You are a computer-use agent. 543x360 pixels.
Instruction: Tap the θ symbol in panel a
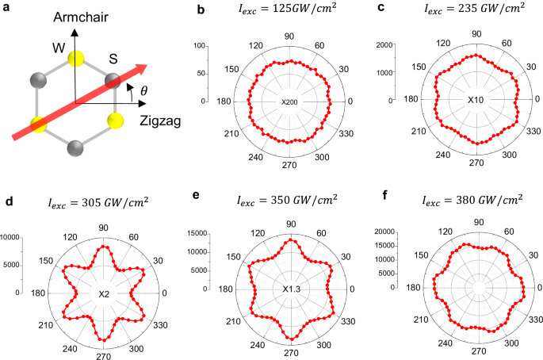143,91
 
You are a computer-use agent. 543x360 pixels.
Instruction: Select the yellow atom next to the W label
76,58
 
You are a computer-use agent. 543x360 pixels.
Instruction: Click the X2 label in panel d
103,294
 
